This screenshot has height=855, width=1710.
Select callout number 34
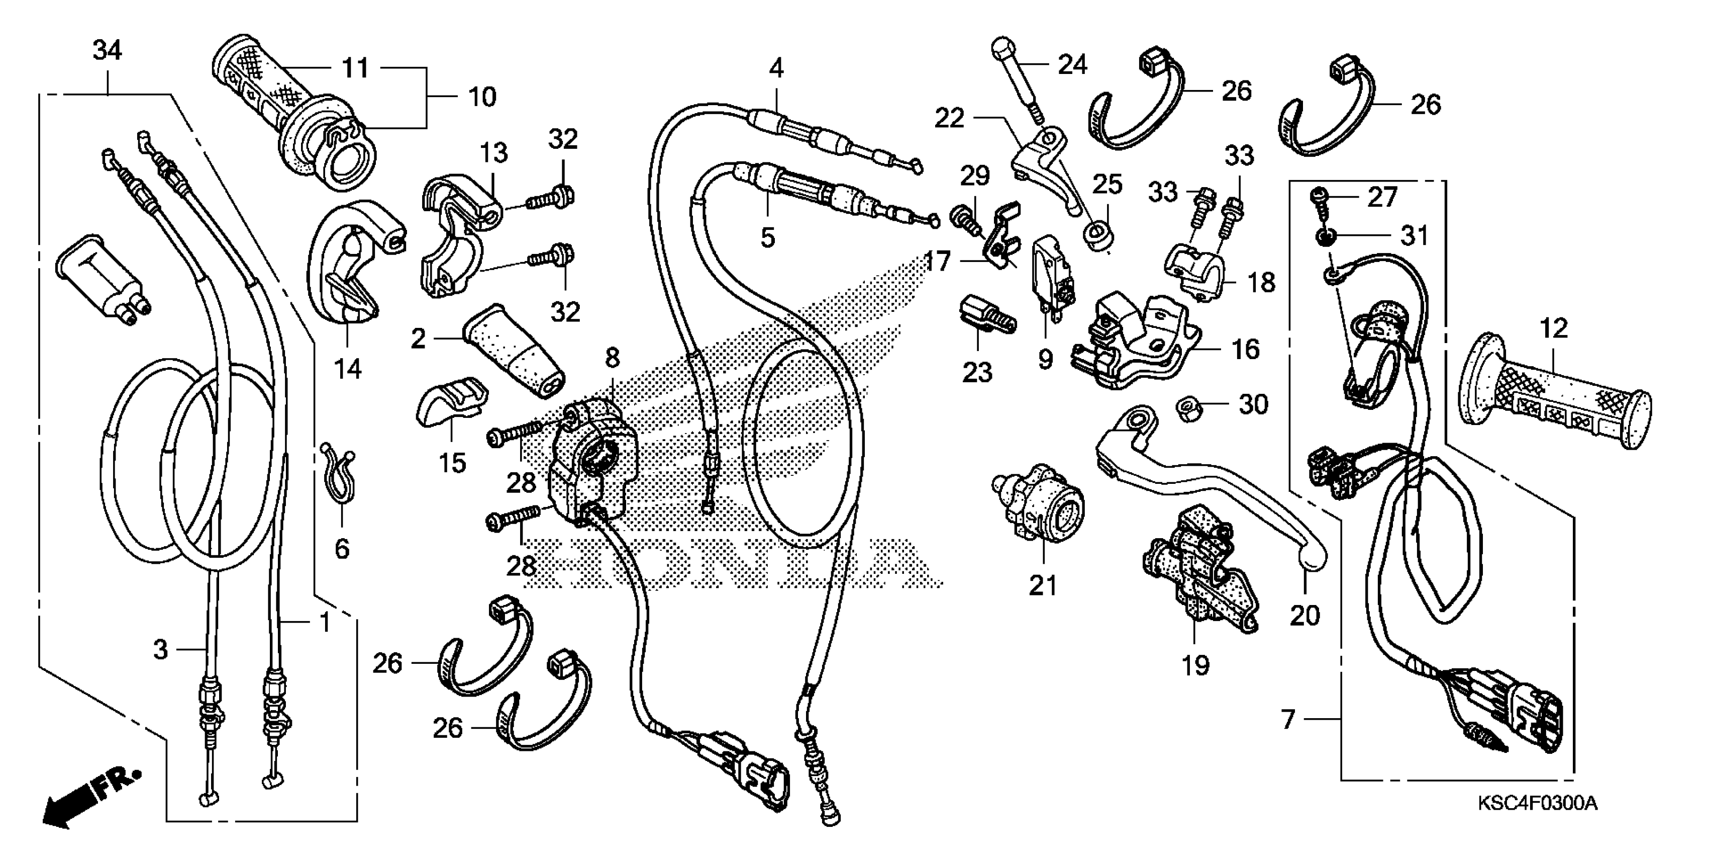coord(107,50)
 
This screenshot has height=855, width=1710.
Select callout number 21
coord(1042,585)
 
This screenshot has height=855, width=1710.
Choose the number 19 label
coord(1195,664)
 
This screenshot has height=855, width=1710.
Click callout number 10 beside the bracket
coord(482,97)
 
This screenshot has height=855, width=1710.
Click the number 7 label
coord(1288,719)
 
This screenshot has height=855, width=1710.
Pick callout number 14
coord(348,368)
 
